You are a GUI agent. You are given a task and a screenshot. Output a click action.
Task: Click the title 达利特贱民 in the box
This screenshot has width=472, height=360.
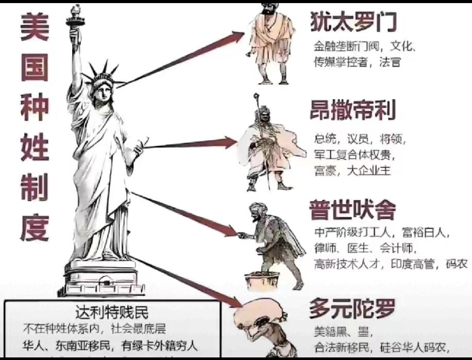(112, 312)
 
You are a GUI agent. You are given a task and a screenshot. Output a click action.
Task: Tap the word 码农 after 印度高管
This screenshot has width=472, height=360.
(457, 264)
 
